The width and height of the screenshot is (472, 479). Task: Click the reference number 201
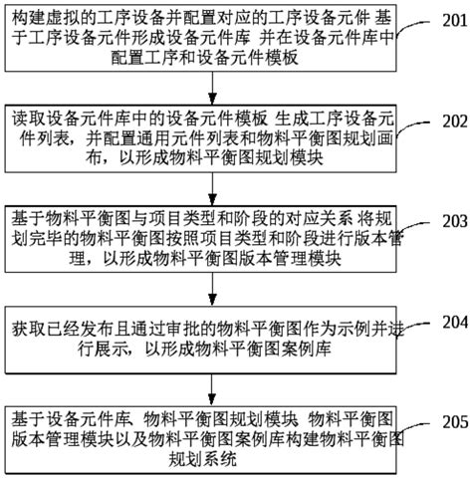click(454, 21)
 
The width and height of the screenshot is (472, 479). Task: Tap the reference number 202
click(454, 120)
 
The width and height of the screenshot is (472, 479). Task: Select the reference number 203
click(454, 221)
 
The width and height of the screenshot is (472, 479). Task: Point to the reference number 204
click(454, 322)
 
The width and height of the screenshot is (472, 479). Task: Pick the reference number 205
click(454, 422)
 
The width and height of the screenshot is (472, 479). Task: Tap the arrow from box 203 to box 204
click(212, 289)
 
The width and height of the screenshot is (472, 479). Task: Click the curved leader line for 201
click(410, 27)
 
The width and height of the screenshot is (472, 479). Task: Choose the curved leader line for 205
click(411, 428)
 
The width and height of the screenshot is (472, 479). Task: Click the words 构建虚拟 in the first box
click(46, 18)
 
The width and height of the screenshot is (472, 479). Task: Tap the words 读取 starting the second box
click(29, 119)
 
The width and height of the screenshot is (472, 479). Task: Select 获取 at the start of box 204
click(29, 330)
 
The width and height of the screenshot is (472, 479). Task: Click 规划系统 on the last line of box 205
click(202, 459)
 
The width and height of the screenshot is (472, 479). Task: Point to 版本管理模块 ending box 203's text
click(290, 259)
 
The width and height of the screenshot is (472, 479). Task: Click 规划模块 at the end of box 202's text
click(290, 158)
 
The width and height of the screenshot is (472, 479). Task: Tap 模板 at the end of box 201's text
click(281, 58)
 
